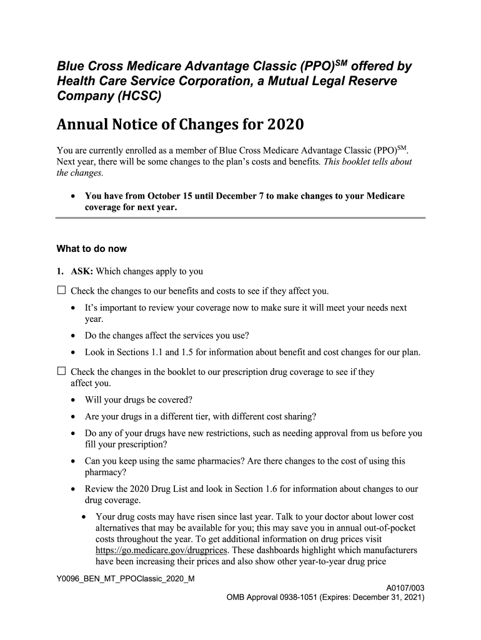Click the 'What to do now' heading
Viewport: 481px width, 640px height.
92,249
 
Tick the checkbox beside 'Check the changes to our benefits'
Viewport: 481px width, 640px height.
61,290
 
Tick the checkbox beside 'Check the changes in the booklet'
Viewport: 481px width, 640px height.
61,371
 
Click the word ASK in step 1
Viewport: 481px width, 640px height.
82,272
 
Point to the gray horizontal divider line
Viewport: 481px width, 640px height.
241,217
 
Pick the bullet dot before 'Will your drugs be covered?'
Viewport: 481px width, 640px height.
74,400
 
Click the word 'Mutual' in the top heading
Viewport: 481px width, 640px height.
285,81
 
